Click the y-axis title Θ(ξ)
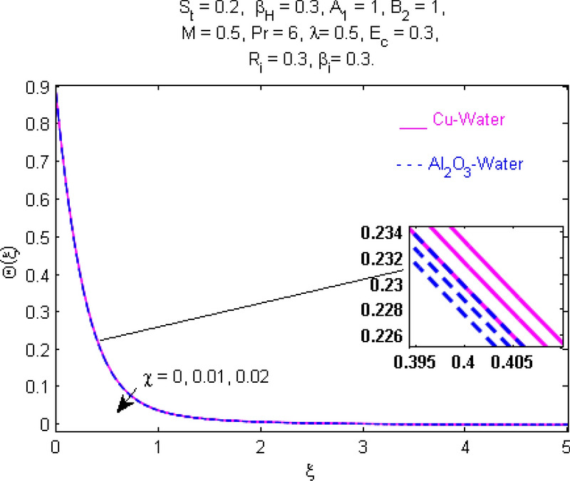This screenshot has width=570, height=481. (x=13, y=258)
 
